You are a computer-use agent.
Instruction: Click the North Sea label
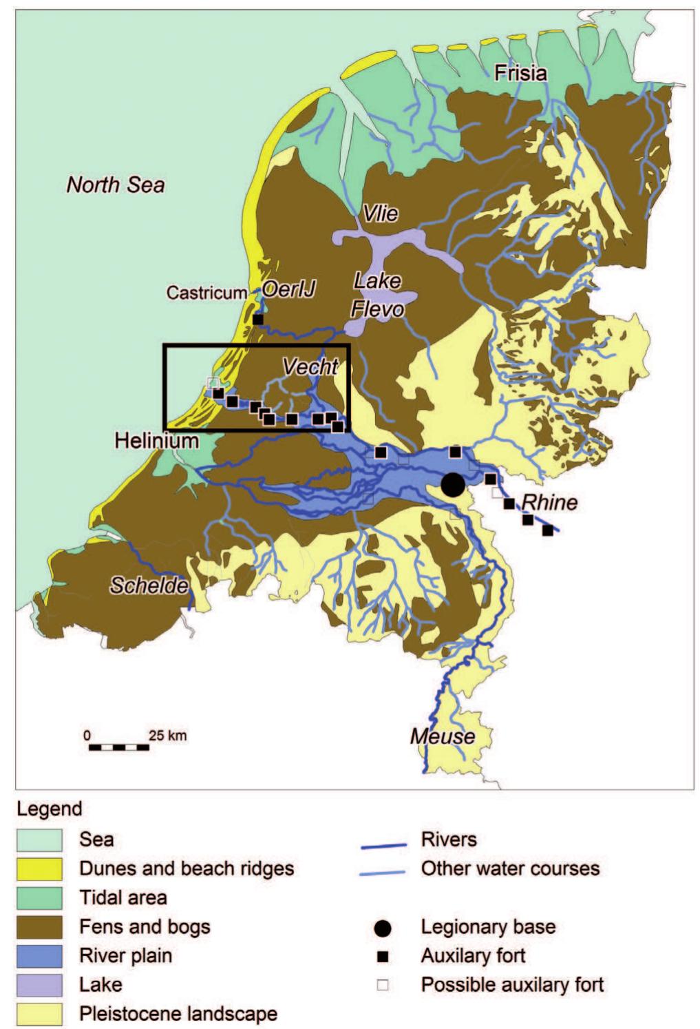pos(115,185)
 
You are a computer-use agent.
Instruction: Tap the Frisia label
pos(520,73)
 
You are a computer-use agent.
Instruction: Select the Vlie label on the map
pos(381,214)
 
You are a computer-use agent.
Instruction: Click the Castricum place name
pos(206,293)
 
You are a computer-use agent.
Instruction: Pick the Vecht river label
pos(310,366)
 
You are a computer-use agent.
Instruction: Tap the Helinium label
pos(157,440)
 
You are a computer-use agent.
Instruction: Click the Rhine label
pos(549,502)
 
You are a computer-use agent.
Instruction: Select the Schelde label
pos(150,585)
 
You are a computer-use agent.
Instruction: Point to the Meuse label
pos(443,736)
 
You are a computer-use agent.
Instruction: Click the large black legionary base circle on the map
pos(452,485)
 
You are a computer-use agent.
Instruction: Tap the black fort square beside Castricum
pos(258,320)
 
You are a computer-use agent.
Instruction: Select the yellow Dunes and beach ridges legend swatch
pos(39,869)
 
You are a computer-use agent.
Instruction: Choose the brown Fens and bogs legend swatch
pos(39,926)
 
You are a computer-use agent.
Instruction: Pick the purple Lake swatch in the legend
pos(39,984)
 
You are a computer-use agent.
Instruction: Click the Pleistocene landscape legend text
pos(178,1014)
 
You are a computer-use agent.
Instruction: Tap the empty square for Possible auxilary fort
pos(383,985)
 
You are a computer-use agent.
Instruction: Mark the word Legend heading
pos(50,809)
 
